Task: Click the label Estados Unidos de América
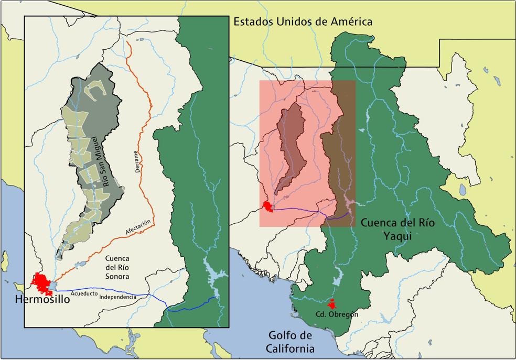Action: [303, 21]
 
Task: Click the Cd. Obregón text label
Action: [337, 314]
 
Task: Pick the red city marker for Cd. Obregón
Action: [331, 304]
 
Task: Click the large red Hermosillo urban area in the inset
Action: [40, 283]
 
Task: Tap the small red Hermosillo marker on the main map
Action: [268, 206]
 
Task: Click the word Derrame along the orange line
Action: [137, 162]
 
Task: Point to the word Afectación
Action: [138, 226]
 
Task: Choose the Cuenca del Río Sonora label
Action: [117, 267]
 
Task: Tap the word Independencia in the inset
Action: [117, 297]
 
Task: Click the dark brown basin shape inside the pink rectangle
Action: [291, 147]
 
